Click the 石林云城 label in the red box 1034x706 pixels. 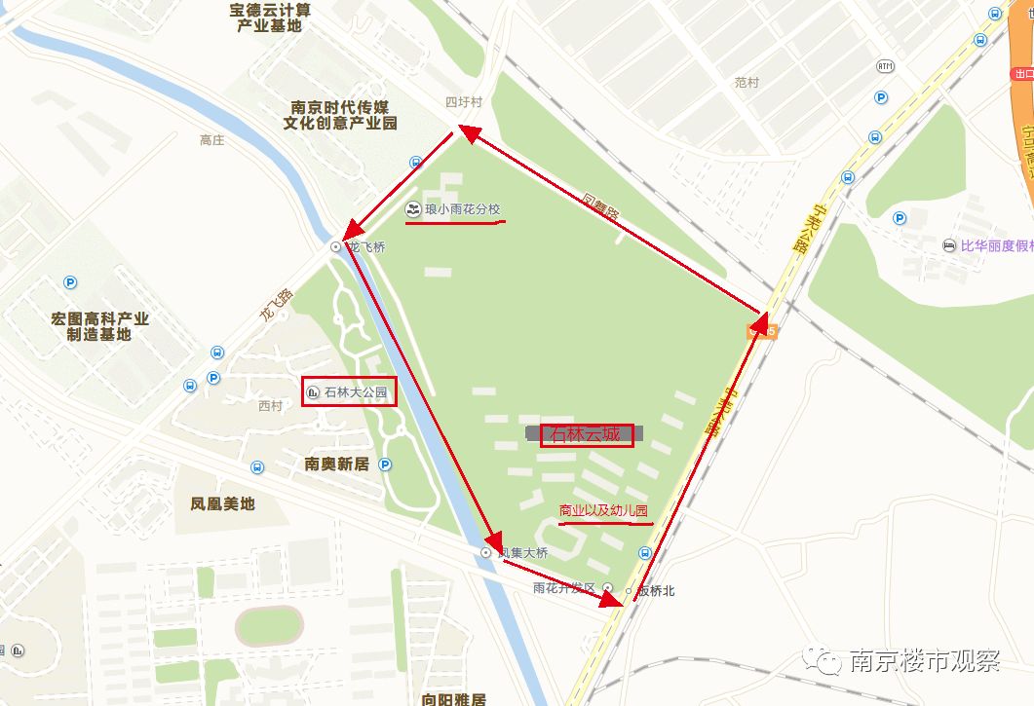click(585, 434)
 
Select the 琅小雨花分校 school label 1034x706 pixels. click(462, 209)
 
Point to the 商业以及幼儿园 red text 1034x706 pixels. click(603, 511)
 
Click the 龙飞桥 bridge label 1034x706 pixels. click(367, 247)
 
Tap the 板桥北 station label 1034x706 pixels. click(656, 591)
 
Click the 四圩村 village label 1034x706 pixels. click(464, 102)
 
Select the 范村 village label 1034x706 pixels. click(747, 84)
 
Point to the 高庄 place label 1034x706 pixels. click(211, 140)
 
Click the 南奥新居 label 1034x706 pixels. click(336, 464)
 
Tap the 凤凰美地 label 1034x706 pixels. click(222, 503)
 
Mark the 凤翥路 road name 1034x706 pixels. click(600, 208)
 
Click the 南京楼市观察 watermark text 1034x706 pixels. click(925, 662)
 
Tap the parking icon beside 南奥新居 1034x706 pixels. click(386, 464)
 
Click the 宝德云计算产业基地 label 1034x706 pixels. click(270, 18)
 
